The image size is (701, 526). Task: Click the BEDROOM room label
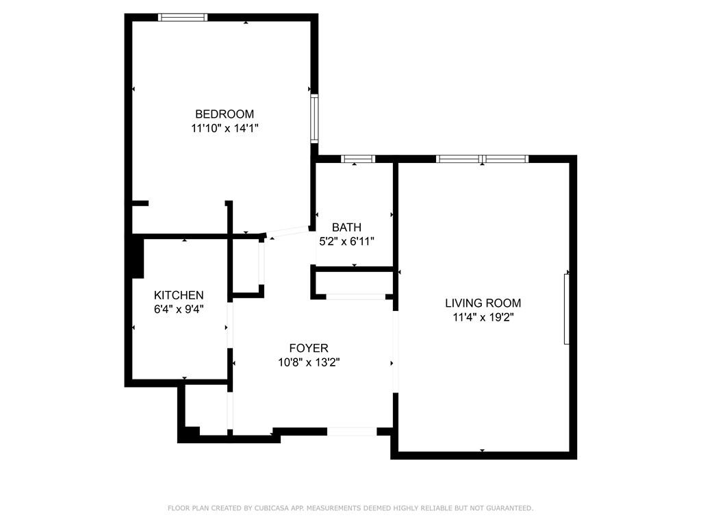tap(225, 114)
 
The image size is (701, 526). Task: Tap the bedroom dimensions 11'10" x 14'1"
tap(225, 129)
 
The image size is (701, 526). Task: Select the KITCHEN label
tap(179, 295)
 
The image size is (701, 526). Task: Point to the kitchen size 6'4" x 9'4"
tap(179, 310)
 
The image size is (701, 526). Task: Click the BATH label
tap(346, 227)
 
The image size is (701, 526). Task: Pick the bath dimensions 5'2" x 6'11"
tap(346, 242)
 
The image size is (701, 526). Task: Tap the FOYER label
tap(309, 348)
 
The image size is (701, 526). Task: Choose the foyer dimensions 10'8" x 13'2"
tap(309, 362)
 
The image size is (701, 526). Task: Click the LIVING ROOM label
tap(483, 303)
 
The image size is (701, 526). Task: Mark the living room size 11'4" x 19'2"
tap(483, 318)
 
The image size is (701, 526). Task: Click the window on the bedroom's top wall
tap(183, 17)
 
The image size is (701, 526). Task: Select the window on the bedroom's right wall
tap(315, 118)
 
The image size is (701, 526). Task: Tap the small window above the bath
tap(358, 159)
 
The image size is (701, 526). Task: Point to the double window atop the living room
tap(483, 159)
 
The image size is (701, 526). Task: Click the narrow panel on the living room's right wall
tap(566, 309)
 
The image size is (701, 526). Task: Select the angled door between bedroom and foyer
tap(288, 231)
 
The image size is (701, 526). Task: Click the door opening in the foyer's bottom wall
tap(353, 431)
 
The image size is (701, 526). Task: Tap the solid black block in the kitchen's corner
tap(138, 258)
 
